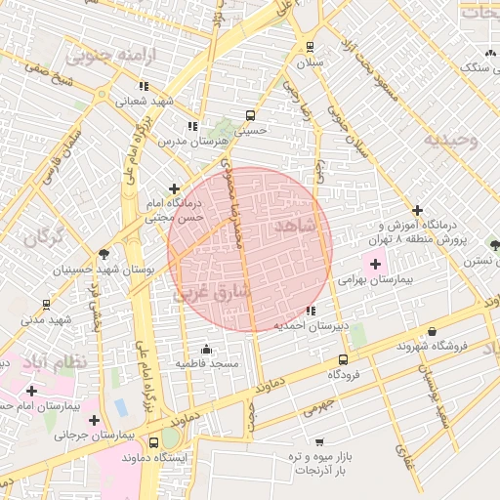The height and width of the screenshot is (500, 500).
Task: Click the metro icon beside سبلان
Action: pyautogui.click(x=311, y=46)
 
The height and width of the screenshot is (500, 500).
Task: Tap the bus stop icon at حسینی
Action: pyautogui.click(x=252, y=113)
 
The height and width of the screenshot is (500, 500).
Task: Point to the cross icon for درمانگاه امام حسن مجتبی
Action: pyautogui.click(x=174, y=188)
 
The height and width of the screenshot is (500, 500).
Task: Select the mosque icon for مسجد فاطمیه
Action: pyautogui.click(x=206, y=349)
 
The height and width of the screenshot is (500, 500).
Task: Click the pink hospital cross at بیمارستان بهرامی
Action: pyautogui.click(x=375, y=263)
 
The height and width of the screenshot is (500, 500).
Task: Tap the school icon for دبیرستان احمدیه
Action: pyautogui.click(x=311, y=312)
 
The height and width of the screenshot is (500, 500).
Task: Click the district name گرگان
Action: pyautogui.click(x=42, y=236)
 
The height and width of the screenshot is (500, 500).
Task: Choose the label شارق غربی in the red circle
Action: pyautogui.click(x=212, y=291)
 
